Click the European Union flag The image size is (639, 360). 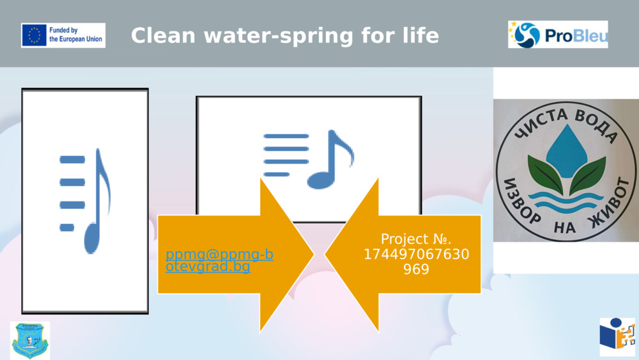[34, 35]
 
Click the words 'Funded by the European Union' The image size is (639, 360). [77, 35]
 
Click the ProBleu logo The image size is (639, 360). [558, 35]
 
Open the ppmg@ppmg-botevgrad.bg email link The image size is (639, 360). [219, 261]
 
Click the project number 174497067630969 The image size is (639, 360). [416, 262]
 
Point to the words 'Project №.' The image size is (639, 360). [416, 239]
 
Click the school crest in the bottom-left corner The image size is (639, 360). [29, 340]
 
